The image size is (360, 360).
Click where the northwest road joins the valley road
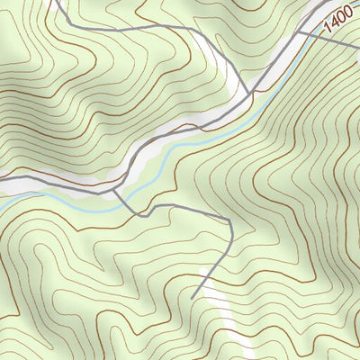coord(252,93)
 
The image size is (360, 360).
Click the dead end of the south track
coord(193,298)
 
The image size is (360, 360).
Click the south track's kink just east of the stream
coord(139,215)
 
